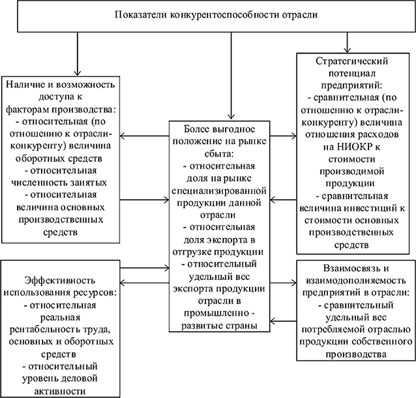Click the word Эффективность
click(x=60, y=281)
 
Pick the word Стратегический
click(x=352, y=61)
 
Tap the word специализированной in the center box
click(x=219, y=191)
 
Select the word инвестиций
click(x=370, y=208)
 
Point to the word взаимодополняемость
click(x=356, y=281)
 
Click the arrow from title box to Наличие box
click(x=77, y=54)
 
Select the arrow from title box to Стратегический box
click(x=347, y=43)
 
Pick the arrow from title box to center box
click(x=231, y=76)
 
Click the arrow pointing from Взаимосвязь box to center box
click(x=283, y=321)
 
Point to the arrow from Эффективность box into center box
click(x=145, y=268)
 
